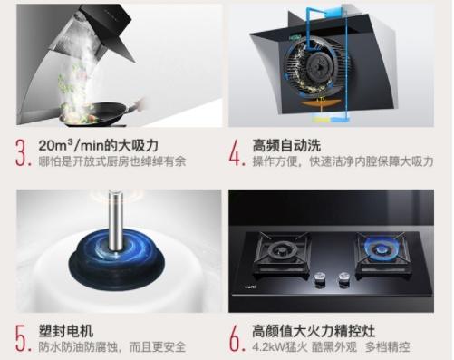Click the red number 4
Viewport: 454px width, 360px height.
[236, 152]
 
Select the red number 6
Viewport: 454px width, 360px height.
[236, 338]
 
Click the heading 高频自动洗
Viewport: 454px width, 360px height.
[286, 146]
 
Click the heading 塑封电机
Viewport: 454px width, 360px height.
[66, 331]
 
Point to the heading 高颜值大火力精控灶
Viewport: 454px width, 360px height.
[314, 331]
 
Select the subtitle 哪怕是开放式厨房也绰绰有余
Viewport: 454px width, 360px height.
[112, 161]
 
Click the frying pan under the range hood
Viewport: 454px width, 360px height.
[100, 113]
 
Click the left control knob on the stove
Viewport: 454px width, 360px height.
[320, 278]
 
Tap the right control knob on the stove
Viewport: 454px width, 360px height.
[343, 278]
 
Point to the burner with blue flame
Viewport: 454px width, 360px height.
[381, 249]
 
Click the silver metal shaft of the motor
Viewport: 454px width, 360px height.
[116, 221]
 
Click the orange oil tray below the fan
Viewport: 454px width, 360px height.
[320, 103]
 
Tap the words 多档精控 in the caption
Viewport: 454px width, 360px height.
[388, 346]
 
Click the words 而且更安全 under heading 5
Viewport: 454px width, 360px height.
[158, 346]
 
